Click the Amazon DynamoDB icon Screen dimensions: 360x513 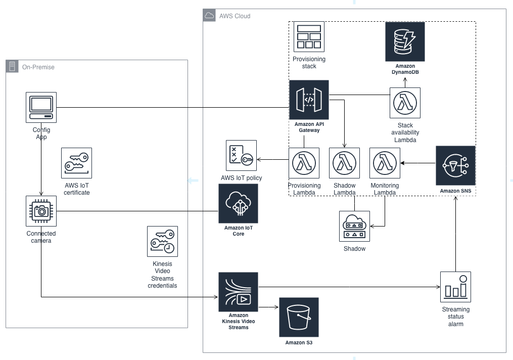405,41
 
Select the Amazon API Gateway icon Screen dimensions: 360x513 309,100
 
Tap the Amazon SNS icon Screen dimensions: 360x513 455,165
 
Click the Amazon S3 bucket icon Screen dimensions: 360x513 299,317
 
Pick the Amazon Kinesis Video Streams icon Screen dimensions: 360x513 238,292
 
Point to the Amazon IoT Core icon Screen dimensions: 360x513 238,203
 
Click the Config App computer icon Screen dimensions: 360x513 41,107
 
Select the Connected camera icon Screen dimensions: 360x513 41,211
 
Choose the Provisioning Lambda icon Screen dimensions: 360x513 304,163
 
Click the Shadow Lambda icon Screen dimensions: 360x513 344,163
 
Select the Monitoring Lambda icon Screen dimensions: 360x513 385,163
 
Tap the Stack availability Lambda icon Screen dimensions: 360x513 405,103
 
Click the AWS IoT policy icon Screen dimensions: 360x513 241,156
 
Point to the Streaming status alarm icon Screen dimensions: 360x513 455,287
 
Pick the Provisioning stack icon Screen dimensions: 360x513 309,37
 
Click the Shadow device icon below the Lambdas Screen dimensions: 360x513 354,226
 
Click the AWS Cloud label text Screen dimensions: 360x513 235,16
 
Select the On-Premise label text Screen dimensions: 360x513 38,67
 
